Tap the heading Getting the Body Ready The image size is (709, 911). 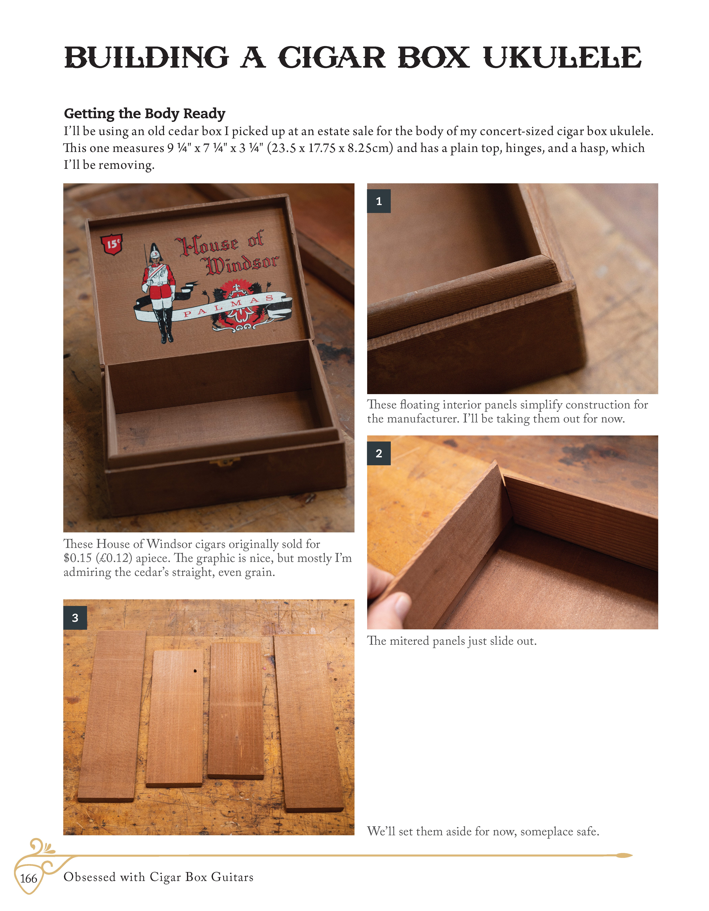(144, 113)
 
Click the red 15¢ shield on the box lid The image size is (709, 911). (112, 244)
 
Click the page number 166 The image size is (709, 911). (29, 879)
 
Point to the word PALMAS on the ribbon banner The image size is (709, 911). (229, 306)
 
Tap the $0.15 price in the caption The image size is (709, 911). (78, 558)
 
